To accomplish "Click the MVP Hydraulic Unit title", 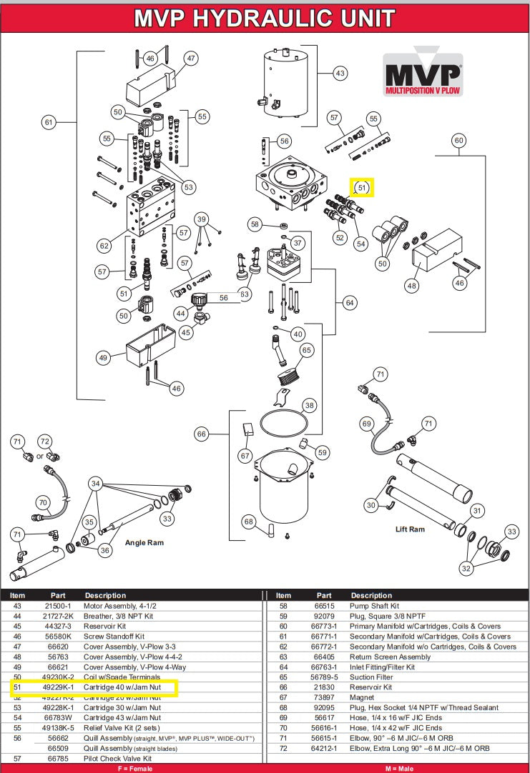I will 265,17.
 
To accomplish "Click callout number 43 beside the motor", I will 340,73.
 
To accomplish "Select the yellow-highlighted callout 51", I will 362,188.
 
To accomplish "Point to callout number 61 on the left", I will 49,122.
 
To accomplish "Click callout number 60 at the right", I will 459,141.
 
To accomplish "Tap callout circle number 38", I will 309,404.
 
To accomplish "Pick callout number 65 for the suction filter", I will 307,350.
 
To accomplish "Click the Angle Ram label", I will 145,543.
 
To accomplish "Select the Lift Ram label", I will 410,529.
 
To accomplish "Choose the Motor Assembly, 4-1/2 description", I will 120,605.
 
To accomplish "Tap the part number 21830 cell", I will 324,687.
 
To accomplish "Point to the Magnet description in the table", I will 363,697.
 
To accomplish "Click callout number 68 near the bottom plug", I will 248,522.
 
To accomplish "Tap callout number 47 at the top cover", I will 190,58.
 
